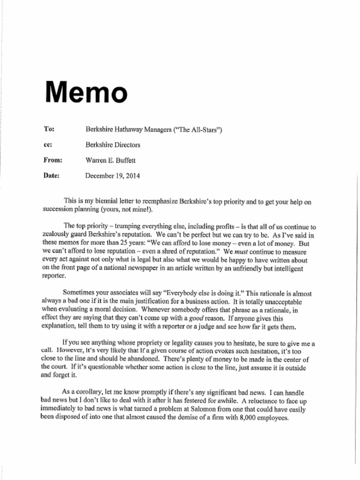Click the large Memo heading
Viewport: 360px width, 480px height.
pyautogui.click(x=86, y=92)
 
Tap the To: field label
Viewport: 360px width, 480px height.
pyautogui.click(x=49, y=129)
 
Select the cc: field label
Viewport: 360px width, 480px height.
pyautogui.click(x=48, y=145)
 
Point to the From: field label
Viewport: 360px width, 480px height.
pyautogui.click(x=53, y=160)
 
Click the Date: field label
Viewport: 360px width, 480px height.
pyautogui.click(x=52, y=176)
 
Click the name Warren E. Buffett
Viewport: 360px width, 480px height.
pyautogui.click(x=110, y=160)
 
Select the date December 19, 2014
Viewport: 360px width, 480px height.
pyautogui.click(x=112, y=176)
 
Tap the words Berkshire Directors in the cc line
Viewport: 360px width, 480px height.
pyautogui.click(x=112, y=145)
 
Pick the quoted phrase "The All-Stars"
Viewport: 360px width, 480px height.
pyautogui.click(x=197, y=129)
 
